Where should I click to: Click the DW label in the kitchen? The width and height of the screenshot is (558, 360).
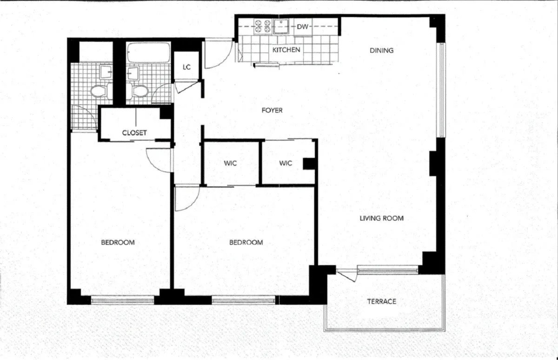pos(303,27)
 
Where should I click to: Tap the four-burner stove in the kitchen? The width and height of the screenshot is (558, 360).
pos(262,27)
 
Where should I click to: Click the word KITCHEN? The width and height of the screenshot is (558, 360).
pos(286,50)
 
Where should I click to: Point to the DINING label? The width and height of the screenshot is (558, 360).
pos(381,50)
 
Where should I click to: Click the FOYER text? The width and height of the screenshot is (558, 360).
pos(272,110)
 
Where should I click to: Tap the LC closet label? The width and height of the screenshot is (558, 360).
pos(186,67)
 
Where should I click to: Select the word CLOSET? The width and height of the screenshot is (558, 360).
pos(134,133)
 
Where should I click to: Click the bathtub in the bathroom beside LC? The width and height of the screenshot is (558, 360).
pos(143,53)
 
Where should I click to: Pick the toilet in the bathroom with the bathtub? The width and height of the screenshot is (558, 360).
pos(138,91)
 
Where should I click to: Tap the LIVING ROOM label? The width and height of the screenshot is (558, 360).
pos(381,218)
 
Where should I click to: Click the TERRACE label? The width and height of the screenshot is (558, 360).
pos(381,301)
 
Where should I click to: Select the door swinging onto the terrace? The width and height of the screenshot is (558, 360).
pos(346,275)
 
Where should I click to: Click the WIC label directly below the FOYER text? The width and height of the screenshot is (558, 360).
pos(230,163)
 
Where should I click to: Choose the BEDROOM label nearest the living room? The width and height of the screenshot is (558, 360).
pos(246,242)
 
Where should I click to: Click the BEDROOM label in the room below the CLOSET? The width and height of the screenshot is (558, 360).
pos(118,242)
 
